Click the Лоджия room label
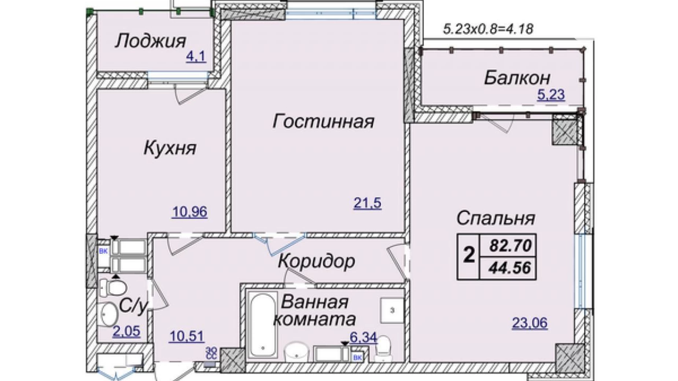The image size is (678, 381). [151, 41]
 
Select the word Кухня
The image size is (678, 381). [170, 148]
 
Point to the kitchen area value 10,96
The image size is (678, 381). [189, 212]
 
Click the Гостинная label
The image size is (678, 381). [323, 122]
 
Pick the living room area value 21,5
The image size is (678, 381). [367, 203]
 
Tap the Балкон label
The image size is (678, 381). [517, 78]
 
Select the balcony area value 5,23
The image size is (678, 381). [551, 95]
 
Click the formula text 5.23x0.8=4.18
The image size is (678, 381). [488, 29]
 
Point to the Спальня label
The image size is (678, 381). [495, 218]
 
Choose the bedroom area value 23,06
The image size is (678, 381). [530, 323]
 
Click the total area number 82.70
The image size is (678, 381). [510, 245]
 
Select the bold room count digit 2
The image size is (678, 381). [469, 255]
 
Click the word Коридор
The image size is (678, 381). [316, 262]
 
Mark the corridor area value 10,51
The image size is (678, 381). [187, 336]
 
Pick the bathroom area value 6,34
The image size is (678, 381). [363, 337]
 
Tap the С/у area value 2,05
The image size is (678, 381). [126, 331]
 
